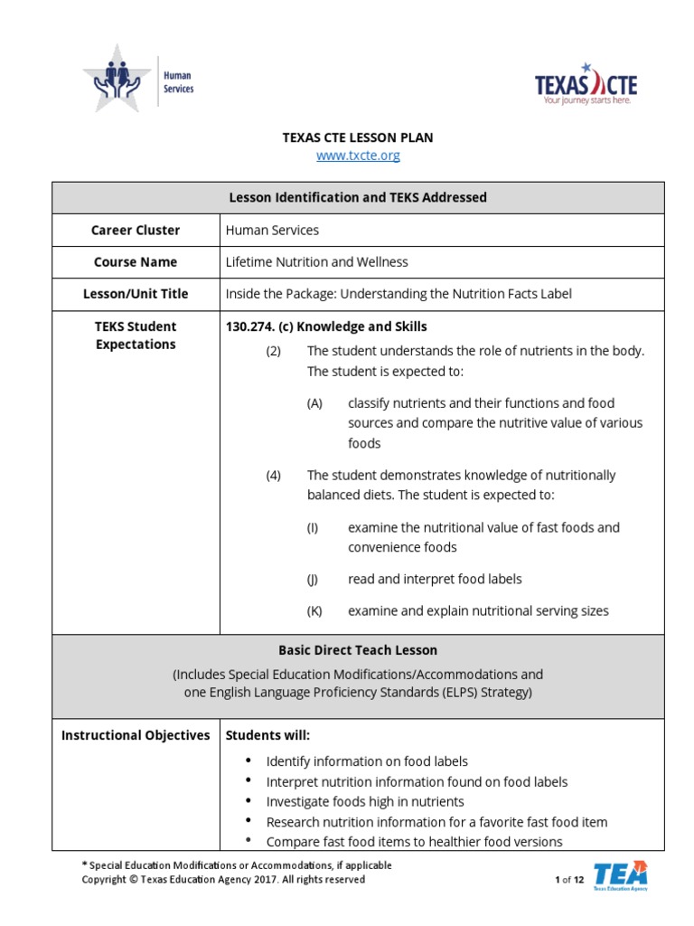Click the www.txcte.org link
(358, 156)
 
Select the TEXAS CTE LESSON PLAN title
(358, 137)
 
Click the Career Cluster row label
(136, 230)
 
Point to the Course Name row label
(136, 262)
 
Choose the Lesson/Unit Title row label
(136, 294)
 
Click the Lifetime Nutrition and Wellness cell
(316, 262)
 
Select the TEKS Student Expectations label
(136, 335)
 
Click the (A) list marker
(314, 403)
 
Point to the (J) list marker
(313, 579)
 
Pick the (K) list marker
(314, 611)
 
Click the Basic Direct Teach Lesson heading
(358, 650)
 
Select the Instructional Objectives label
(136, 735)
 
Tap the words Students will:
(267, 735)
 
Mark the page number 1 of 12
(569, 880)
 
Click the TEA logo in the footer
(620, 875)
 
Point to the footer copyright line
(223, 880)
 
